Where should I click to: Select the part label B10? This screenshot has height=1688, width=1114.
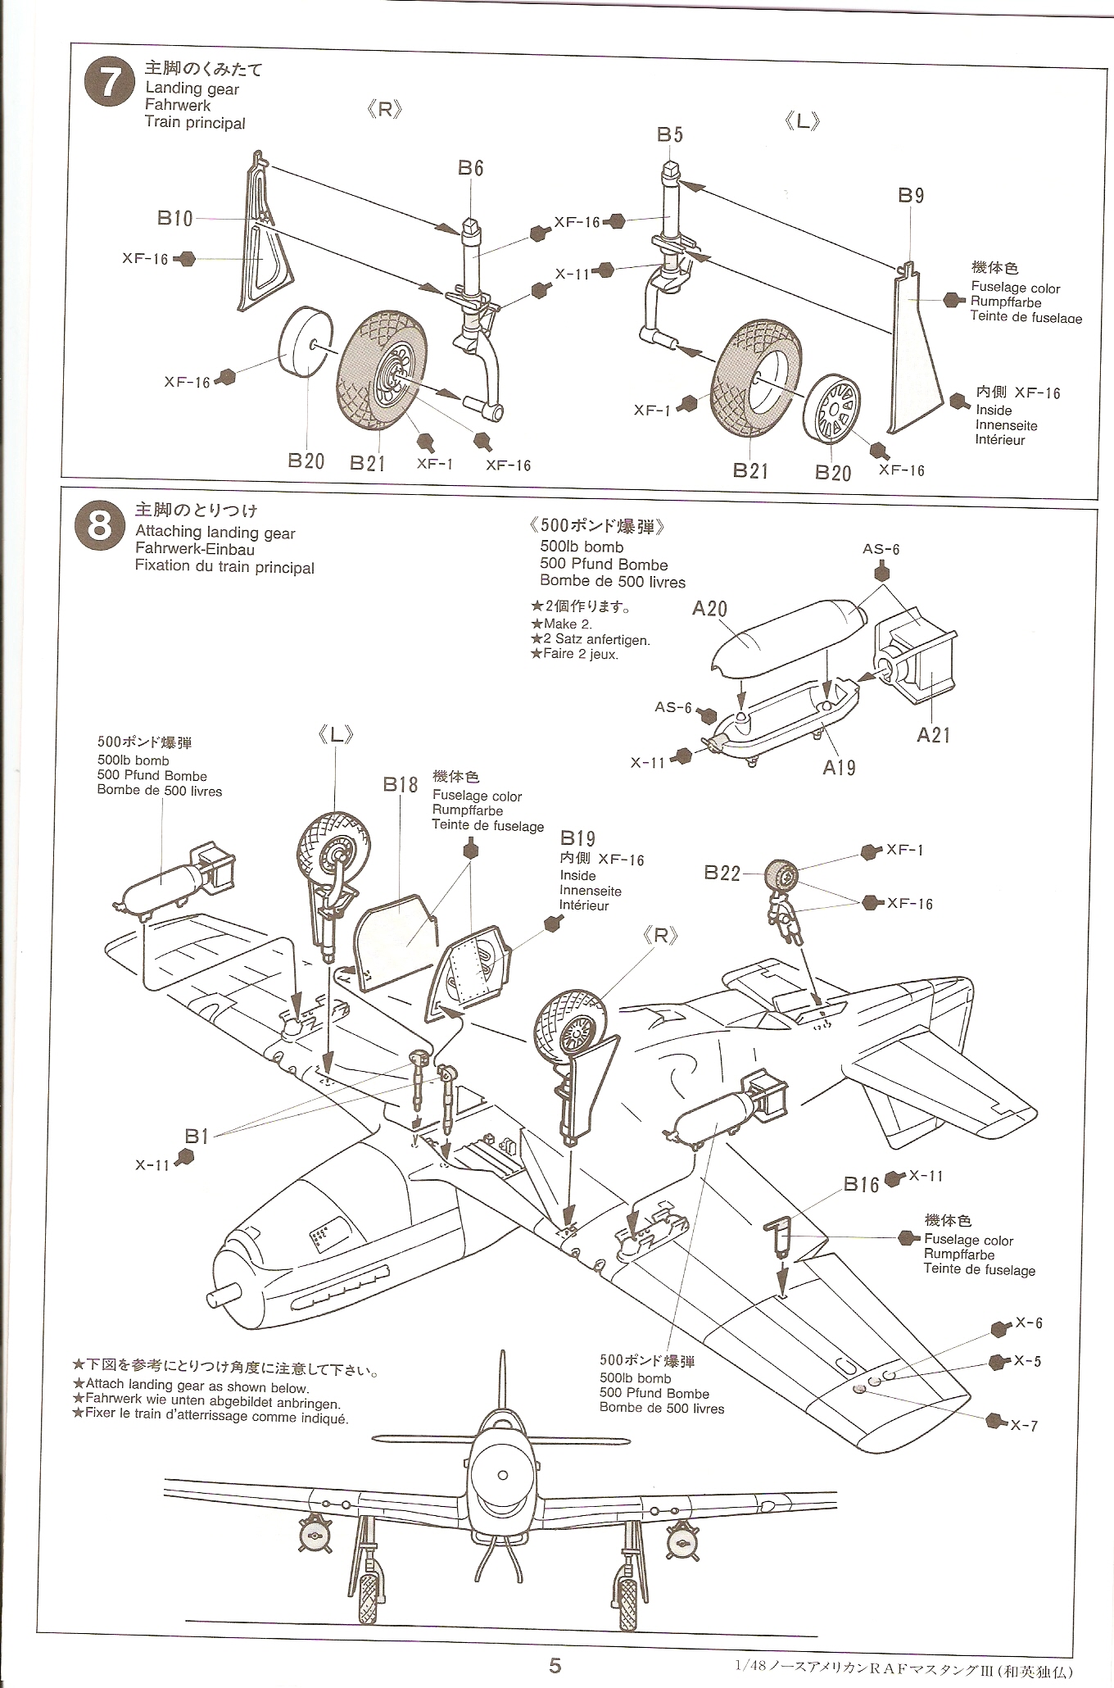coord(175,218)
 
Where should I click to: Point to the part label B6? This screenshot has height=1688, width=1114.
coord(470,168)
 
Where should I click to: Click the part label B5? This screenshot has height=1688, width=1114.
coord(669,134)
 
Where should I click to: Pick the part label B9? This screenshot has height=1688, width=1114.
coord(911,195)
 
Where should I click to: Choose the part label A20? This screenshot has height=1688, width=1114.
coord(709,608)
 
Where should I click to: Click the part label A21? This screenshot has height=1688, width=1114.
coord(933,735)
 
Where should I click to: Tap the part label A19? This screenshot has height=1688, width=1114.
coord(839,767)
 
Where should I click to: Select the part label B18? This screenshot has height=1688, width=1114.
coord(401,784)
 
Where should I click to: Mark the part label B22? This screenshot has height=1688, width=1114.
coord(722,873)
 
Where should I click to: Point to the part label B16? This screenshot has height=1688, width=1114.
coord(862,1184)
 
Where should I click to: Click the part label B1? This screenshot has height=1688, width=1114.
coord(197,1135)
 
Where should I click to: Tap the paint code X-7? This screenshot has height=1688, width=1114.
coord(1024,1425)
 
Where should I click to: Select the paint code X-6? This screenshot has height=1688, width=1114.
coord(1029,1323)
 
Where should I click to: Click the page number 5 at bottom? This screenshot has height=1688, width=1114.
coord(555,1664)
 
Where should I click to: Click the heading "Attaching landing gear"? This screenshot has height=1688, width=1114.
coord(215,533)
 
